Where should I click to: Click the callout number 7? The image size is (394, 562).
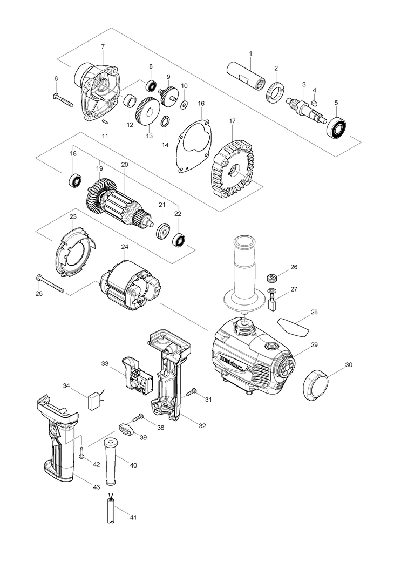(x=103, y=47)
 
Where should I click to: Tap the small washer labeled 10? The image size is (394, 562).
(x=184, y=103)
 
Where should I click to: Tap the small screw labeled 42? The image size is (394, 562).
(x=81, y=454)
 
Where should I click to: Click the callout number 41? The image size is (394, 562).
(x=133, y=517)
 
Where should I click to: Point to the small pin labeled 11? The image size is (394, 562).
(x=105, y=122)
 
